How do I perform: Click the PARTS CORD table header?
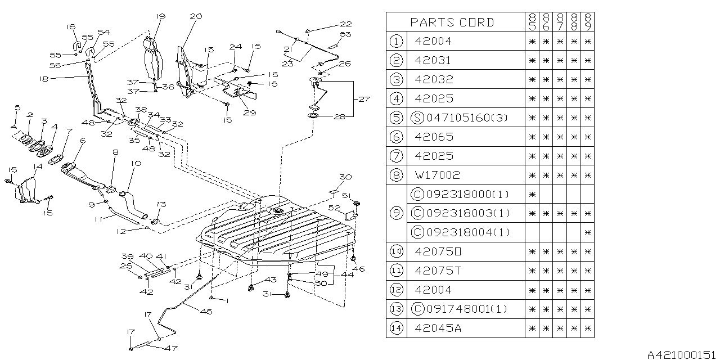(452, 22)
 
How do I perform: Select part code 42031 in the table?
(433, 60)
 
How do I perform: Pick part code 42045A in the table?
(437, 328)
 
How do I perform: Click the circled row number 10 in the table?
(397, 251)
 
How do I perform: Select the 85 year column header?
(532, 22)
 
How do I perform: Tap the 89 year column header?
(588, 22)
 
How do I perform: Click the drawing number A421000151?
(682, 354)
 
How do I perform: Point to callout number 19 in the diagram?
(160, 17)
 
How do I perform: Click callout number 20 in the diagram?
(196, 17)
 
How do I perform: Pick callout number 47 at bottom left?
(170, 349)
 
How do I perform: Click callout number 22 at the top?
(345, 24)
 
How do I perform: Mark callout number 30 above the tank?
(345, 177)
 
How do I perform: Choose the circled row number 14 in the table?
(397, 328)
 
